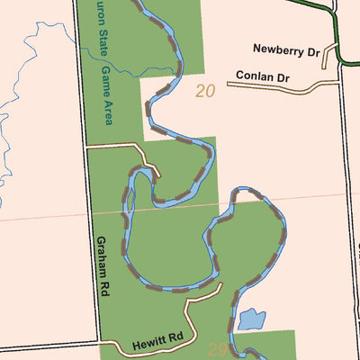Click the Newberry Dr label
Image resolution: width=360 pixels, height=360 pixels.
click(x=286, y=50)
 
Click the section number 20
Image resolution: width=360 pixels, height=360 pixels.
click(x=205, y=91)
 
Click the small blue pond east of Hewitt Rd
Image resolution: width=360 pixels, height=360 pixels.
click(x=251, y=319)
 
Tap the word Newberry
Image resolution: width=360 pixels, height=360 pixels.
click(x=277, y=50)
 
